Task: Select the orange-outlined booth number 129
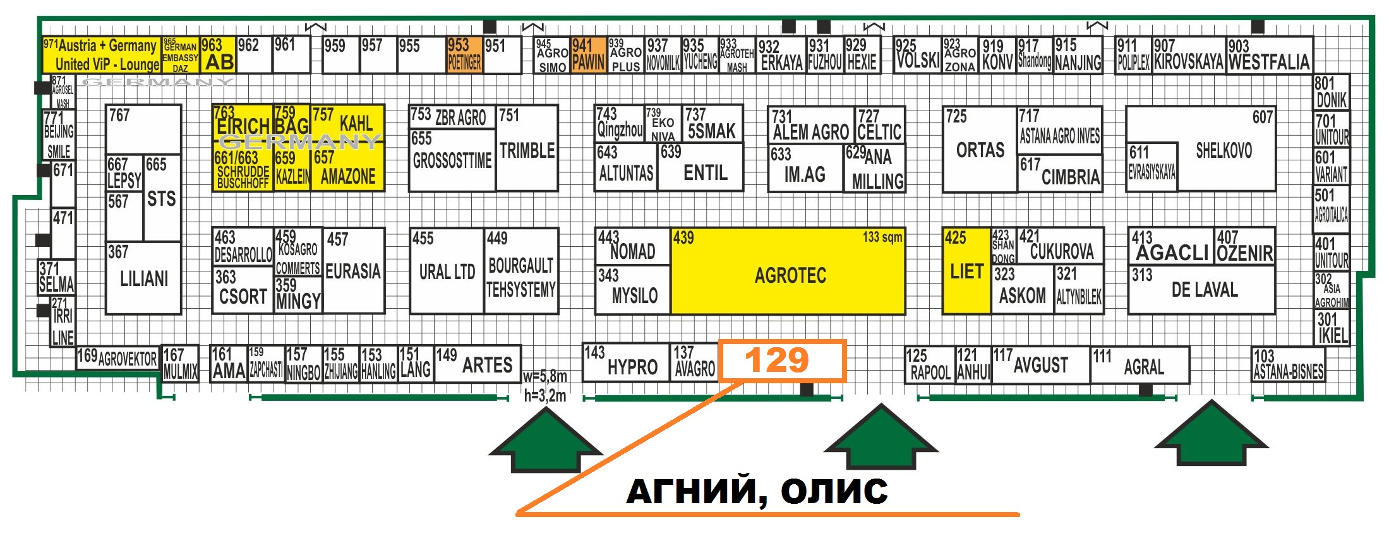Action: [781, 360]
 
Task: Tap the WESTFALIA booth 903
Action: [1268, 55]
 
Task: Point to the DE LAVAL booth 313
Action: [1201, 289]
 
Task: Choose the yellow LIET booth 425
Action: [966, 271]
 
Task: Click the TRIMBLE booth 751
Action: [527, 148]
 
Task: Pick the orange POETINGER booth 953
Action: [464, 55]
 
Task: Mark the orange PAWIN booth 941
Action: [588, 55]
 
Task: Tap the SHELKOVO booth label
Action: [1224, 150]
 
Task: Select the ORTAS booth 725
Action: [980, 150]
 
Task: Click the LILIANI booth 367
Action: [143, 278]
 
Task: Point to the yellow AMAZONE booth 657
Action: [347, 169]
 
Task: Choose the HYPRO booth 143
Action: [625, 363]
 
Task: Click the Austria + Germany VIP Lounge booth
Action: [102, 55]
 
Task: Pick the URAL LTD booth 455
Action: [447, 271]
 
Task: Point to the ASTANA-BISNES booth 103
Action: [1288, 365]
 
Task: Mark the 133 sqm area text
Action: [882, 237]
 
